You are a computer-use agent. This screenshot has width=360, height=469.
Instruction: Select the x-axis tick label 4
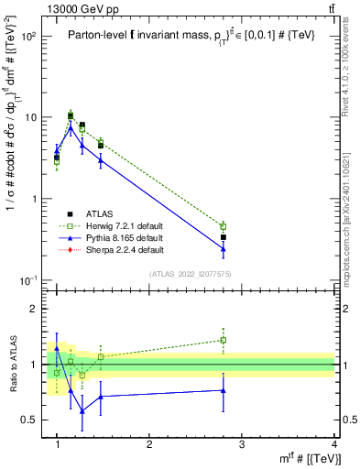(334, 444)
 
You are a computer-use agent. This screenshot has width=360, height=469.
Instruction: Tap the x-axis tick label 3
(242, 444)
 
